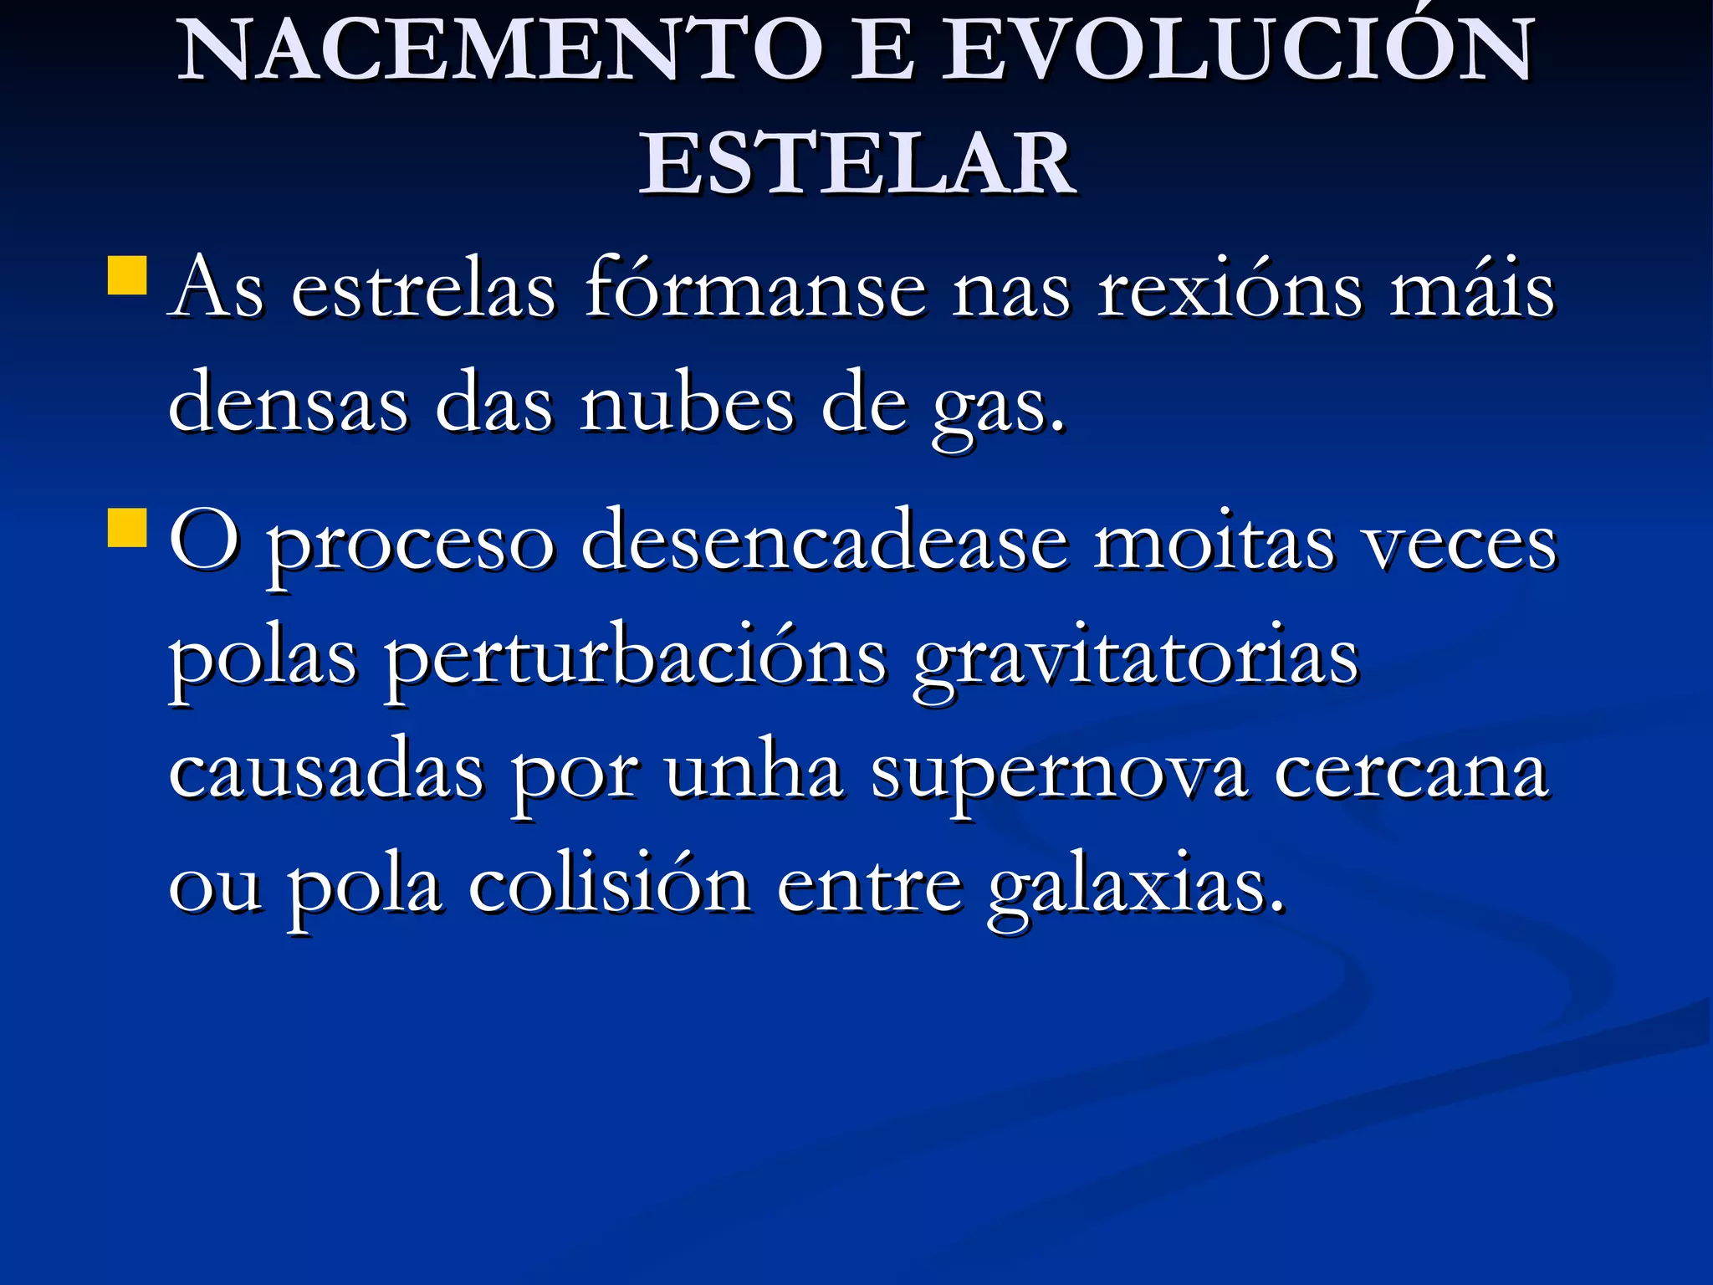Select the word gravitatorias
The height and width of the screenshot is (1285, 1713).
click(1136, 661)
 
